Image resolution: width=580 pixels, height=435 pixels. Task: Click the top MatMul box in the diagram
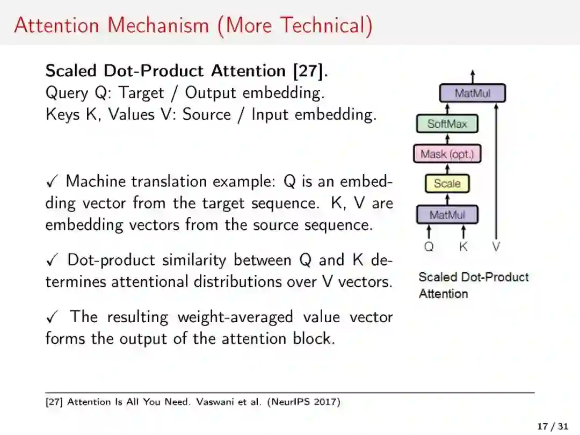[473, 93]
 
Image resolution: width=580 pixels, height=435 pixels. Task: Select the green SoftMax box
[447, 124]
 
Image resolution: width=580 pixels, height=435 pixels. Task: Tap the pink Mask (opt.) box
[447, 154]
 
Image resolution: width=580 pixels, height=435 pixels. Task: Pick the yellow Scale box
[447, 184]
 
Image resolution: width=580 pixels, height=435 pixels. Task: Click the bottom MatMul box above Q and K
[447, 215]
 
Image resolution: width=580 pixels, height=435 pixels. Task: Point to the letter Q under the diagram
[429, 247]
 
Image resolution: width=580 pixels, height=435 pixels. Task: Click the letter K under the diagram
[463, 247]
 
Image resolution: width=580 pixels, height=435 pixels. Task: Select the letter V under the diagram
[496, 247]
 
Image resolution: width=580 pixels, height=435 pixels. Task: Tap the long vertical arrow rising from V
[496, 172]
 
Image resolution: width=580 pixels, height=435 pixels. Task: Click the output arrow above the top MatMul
[473, 77]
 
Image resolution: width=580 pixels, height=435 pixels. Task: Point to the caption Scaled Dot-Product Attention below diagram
[473, 285]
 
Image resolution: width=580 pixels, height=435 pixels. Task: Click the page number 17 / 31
[552, 426]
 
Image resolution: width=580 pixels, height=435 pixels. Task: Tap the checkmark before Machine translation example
[52, 182]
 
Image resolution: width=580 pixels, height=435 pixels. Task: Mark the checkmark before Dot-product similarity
[52, 260]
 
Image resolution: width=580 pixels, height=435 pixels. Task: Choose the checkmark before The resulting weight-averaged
[52, 317]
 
